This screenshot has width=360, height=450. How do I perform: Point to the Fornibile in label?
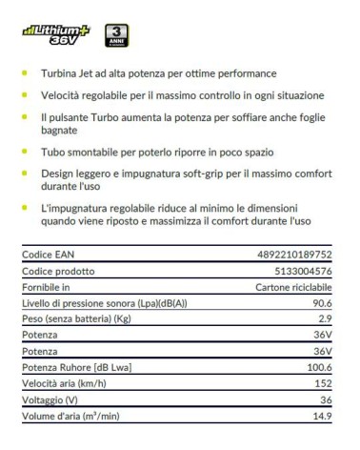tap(47, 286)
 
